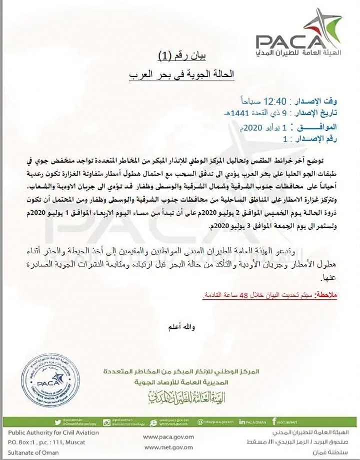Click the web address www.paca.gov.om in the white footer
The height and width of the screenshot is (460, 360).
click(x=169, y=436)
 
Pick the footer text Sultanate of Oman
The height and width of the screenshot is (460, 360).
click(x=33, y=452)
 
